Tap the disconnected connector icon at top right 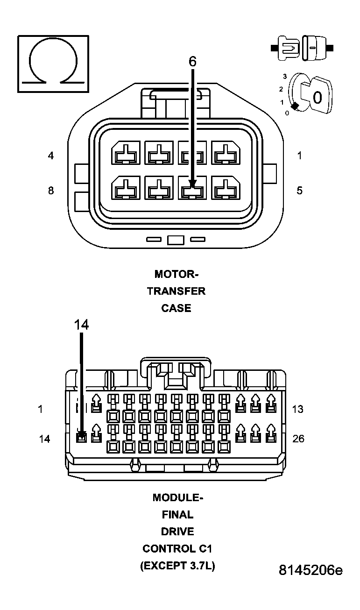pos(302,48)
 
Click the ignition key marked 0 pos(316,97)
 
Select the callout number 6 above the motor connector pos(192,62)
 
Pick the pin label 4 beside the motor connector pos(51,156)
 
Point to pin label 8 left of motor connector pos(51,190)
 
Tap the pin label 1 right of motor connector pos(300,156)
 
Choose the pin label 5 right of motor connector pos(300,190)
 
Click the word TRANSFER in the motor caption pos(176,291)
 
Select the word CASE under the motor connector pos(176,308)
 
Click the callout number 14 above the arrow pos(81,325)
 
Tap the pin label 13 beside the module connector pos(297,409)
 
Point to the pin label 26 pos(297,439)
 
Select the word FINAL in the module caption pos(177,515)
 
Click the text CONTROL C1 pos(177,548)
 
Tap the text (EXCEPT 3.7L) pos(177,566)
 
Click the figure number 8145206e pos(311,570)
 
